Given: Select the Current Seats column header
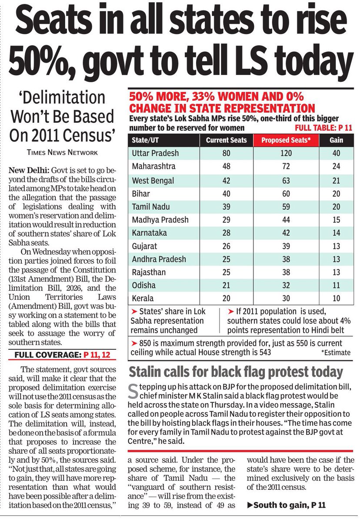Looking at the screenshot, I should tap(226, 140).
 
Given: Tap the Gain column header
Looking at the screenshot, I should tap(336, 140).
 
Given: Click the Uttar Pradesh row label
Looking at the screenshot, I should tap(155, 153).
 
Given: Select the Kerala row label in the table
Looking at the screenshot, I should tap(143, 298).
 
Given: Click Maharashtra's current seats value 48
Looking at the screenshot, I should tap(226, 167).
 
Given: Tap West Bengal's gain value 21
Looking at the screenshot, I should tap(336, 180).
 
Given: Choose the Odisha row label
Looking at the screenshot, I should tap(144, 285).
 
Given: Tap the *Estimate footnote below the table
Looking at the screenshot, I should tap(336, 353).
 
